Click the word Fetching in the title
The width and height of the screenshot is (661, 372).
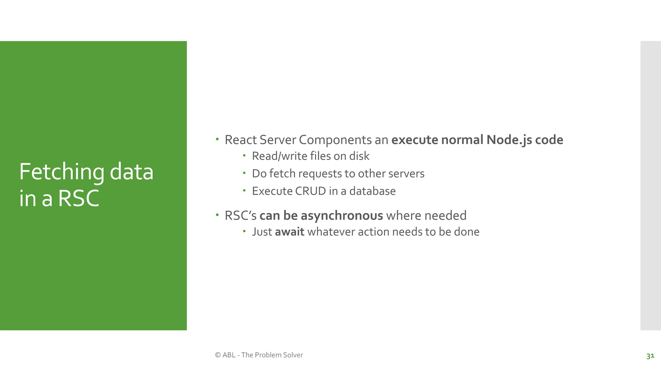click(61, 172)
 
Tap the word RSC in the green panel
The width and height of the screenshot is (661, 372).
click(79, 198)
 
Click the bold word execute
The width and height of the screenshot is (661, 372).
click(415, 140)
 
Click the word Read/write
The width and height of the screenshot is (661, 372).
click(279, 156)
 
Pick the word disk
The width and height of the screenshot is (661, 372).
click(359, 156)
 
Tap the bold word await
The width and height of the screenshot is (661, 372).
click(290, 232)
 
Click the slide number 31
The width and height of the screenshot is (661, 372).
click(650, 356)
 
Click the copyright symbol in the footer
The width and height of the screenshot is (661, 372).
click(218, 355)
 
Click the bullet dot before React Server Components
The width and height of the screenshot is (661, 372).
click(217, 139)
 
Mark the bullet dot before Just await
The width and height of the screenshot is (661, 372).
click(244, 231)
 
